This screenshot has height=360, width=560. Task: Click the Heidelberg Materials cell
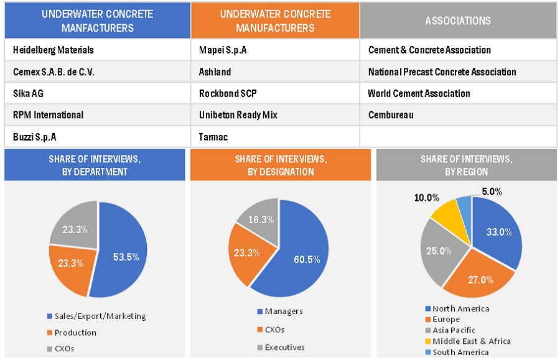(x=54, y=50)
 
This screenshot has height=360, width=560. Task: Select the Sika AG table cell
(x=29, y=93)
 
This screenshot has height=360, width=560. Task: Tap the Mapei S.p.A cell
(x=223, y=50)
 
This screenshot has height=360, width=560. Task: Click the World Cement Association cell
(x=419, y=93)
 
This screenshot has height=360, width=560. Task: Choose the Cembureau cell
(x=391, y=115)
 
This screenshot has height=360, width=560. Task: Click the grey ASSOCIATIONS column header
(x=458, y=21)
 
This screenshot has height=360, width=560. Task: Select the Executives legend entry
(x=284, y=347)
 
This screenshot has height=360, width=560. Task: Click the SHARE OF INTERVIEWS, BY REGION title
(x=467, y=165)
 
